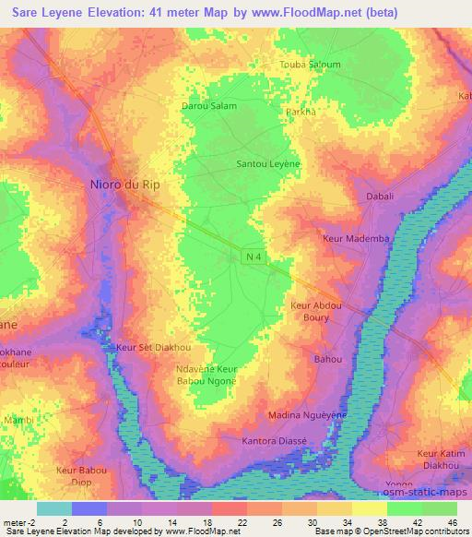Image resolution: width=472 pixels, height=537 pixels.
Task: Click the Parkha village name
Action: click(x=300, y=112)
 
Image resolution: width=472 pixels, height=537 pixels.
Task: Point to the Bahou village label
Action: click(x=328, y=358)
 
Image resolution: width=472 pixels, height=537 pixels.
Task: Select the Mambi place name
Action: click(x=19, y=420)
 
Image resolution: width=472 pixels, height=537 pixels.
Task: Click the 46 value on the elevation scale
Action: click(x=453, y=524)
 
